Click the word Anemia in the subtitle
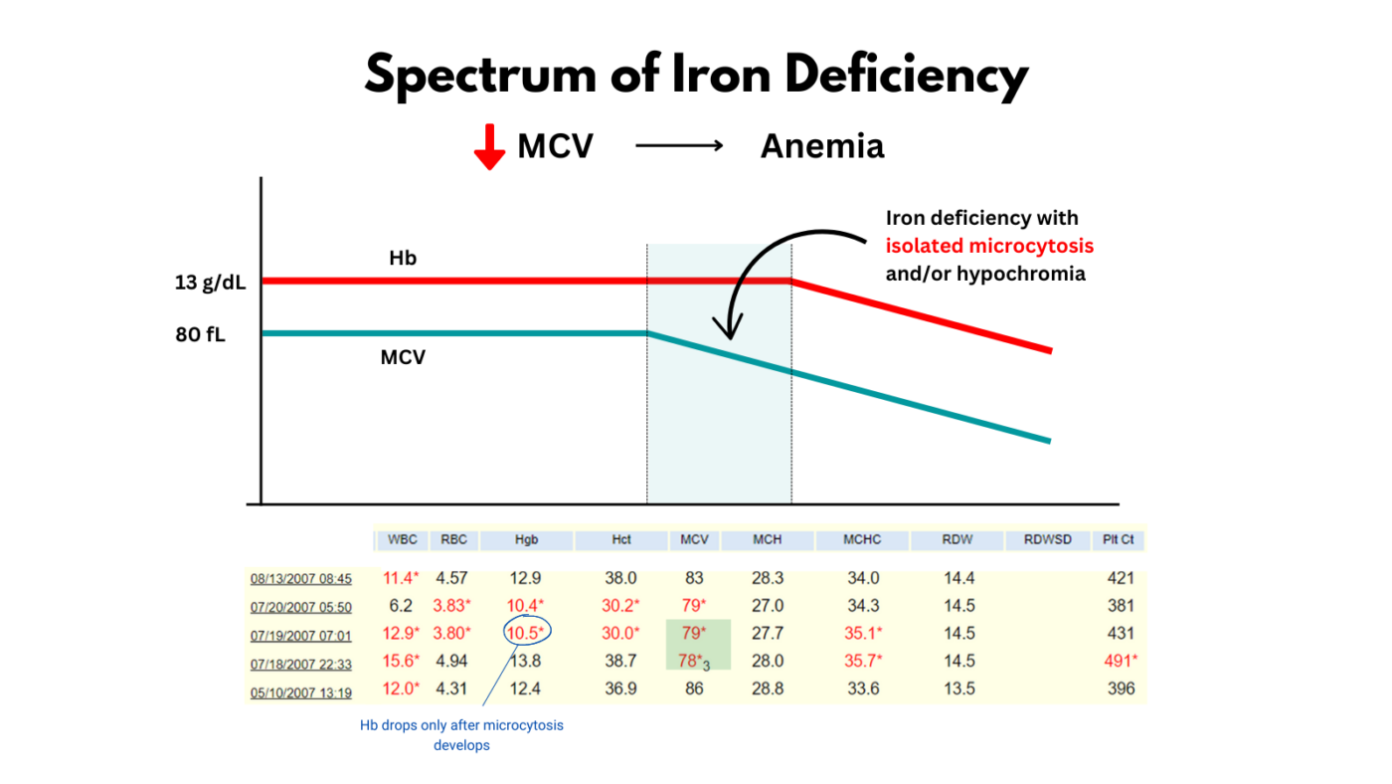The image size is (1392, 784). pos(821,146)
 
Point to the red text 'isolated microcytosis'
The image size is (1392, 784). pos(989,246)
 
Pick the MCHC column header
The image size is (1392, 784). pos(861,540)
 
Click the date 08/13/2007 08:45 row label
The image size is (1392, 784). pos(300,578)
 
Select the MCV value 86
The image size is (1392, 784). pos(694,688)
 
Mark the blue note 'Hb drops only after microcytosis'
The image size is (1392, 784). pos(461,725)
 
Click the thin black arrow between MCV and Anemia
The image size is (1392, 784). pos(679,146)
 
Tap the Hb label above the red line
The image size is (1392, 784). pos(402,259)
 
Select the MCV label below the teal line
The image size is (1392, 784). pos(403,357)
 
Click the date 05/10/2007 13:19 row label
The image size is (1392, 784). pos(300,689)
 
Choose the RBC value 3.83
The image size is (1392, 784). pos(451,605)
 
